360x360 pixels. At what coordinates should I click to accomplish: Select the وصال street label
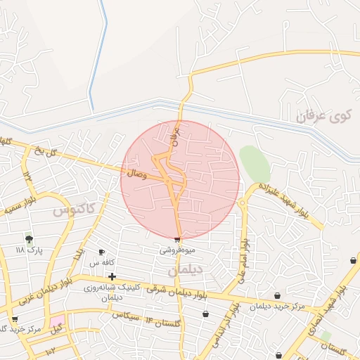[x=138, y=172]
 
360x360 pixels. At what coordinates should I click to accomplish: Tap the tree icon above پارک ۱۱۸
[x=29, y=239]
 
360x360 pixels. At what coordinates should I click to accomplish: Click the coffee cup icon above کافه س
[x=101, y=252]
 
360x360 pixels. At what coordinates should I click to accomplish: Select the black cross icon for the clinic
[x=112, y=276]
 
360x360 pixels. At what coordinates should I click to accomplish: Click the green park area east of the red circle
[x=255, y=164]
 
